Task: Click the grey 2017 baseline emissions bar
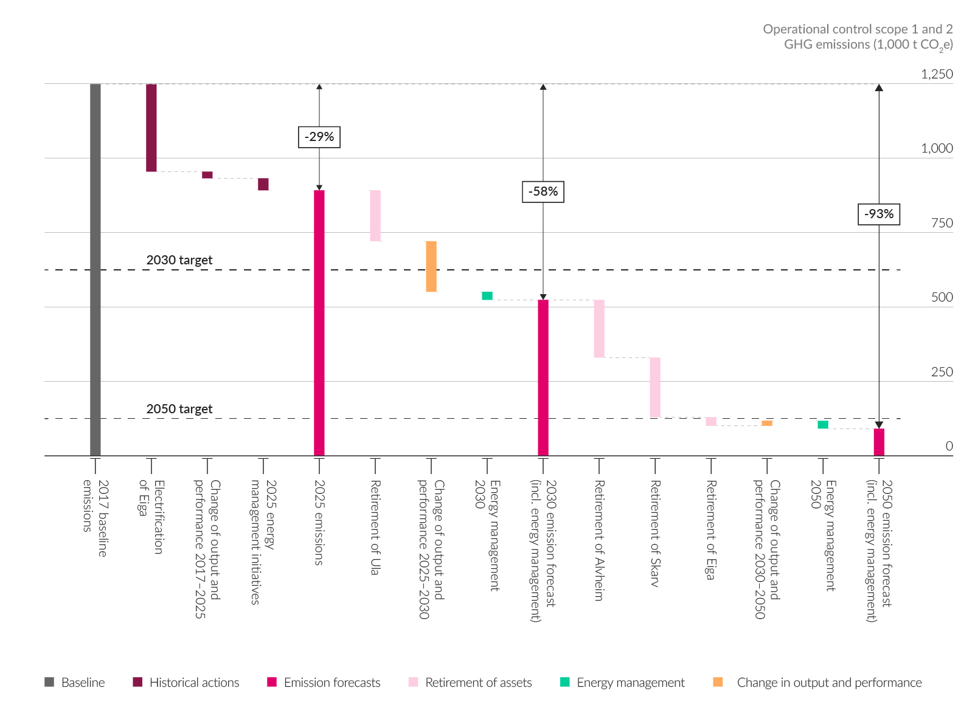(95, 269)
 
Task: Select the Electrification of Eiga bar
(151, 128)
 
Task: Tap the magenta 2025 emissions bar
(319, 323)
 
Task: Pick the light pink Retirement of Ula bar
(375, 216)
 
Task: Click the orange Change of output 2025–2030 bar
(431, 266)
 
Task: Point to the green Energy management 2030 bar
(487, 296)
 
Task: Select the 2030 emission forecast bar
(543, 377)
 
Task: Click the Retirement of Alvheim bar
(599, 328)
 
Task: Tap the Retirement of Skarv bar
(655, 387)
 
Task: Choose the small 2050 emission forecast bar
(879, 442)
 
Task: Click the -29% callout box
(319, 137)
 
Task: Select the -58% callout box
(543, 191)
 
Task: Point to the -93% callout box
(879, 214)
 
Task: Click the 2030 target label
(179, 260)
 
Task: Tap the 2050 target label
(179, 409)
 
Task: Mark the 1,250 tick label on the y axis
(937, 74)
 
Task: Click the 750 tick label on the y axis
(942, 223)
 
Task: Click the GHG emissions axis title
(858, 36)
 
